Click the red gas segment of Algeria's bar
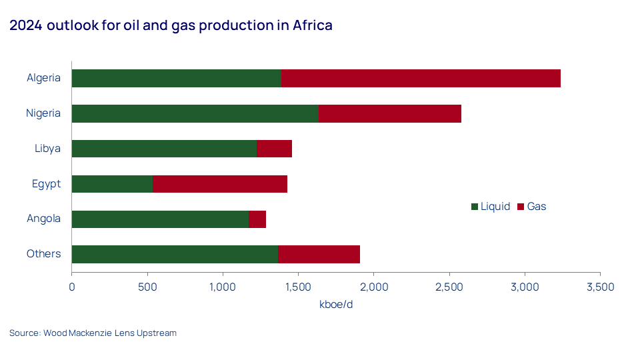coord(420,78)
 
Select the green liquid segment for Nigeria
coord(195,113)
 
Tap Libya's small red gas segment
coord(274,149)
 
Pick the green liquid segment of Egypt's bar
coord(112,184)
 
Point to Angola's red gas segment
coord(257,219)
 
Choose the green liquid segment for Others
coord(175,254)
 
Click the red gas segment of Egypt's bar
coord(220,184)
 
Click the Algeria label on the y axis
coord(43,78)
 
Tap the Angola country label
coord(43,219)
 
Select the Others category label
coord(43,254)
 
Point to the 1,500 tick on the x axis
coord(298,287)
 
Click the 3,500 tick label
coord(600,287)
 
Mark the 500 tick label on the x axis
coord(147,287)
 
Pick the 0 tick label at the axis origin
coord(72,287)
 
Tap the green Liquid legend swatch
coord(475,207)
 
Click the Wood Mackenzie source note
coord(93,333)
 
